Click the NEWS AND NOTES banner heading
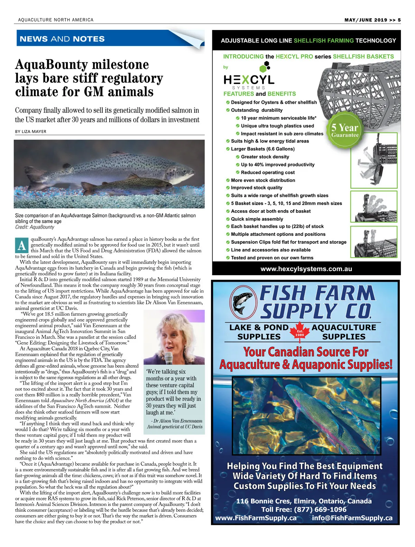(x=62, y=39)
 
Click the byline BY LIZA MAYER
(x=30, y=131)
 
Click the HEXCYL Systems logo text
(x=249, y=80)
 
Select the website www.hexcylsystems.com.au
(x=306, y=269)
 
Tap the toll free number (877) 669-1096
(x=320, y=509)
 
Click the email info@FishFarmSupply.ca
(x=352, y=518)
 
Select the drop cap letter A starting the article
(x=22, y=245)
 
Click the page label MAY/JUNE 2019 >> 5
(x=372, y=20)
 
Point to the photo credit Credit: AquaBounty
(x=35, y=227)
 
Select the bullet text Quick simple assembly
(x=257, y=219)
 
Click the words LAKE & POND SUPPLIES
(x=259, y=332)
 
